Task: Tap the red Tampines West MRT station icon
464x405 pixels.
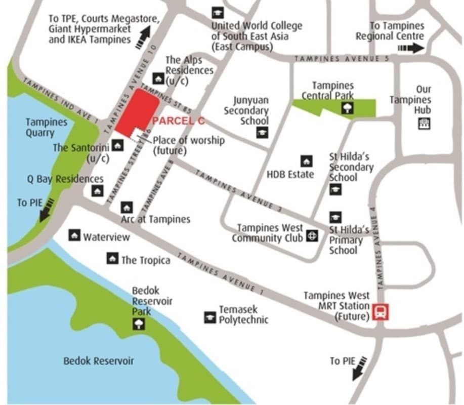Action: pos(381,311)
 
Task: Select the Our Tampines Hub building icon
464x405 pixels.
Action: pos(424,123)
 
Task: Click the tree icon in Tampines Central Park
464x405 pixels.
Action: pos(348,107)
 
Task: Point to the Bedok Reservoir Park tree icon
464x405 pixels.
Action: pos(139,325)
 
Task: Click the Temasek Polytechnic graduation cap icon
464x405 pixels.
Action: pos(210,317)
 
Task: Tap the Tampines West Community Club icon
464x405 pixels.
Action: pos(312,235)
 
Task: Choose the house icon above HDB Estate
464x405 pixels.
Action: pos(306,161)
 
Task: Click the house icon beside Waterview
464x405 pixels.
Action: pos(74,235)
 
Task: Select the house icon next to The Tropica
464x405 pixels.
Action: pos(112,258)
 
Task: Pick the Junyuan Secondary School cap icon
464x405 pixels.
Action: pos(262,133)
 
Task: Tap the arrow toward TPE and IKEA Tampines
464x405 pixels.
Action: pos(143,37)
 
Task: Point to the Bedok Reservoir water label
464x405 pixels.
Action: pos(99,361)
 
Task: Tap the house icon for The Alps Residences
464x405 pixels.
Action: pos(158,78)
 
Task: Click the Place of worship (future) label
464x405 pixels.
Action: pos(188,145)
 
